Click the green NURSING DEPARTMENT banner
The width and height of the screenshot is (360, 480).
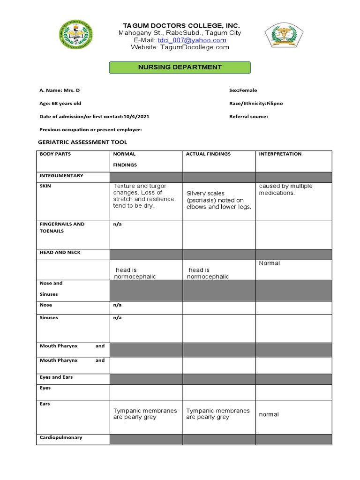coord(180,67)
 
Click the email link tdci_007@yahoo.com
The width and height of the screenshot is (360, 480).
coord(192,40)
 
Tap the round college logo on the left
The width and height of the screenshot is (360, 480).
coord(76,35)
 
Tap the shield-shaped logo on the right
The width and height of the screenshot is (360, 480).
coord(284,37)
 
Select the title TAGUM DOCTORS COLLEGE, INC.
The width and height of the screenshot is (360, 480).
coord(181,25)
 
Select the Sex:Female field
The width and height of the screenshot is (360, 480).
coord(243,90)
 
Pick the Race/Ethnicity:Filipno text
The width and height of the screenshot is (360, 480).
coord(256,103)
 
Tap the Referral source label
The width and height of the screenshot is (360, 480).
coord(248,116)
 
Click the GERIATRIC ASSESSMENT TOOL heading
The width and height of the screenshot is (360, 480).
coord(82,142)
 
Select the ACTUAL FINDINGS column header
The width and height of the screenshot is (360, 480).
coord(208,154)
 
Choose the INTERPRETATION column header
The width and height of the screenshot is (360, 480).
coord(280,154)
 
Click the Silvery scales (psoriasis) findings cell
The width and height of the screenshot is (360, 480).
coord(218,200)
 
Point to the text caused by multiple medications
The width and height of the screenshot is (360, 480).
coord(285,189)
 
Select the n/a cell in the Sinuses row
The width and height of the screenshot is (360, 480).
coord(117,318)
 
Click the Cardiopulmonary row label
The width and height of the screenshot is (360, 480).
coord(61,437)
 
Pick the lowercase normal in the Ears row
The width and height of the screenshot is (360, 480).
coord(269,414)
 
